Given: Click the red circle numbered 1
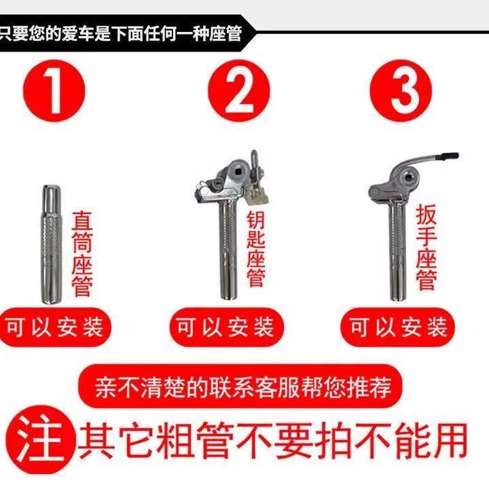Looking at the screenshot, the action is pyautogui.click(x=54, y=91).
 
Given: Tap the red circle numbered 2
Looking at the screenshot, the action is pyautogui.click(x=238, y=91).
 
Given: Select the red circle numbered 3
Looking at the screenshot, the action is pyautogui.click(x=401, y=91).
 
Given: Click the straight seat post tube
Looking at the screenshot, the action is pyautogui.click(x=52, y=244).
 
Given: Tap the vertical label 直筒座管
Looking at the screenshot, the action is pyautogui.click(x=82, y=254).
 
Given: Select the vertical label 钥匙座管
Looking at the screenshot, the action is pyautogui.click(x=255, y=249).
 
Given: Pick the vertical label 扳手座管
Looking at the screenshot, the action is pyautogui.click(x=427, y=247).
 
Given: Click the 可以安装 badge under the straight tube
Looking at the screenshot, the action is pyautogui.click(x=55, y=327).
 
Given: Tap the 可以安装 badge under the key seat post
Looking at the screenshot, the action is pyautogui.click(x=227, y=327).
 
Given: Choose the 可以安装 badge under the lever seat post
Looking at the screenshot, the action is pyautogui.click(x=397, y=327).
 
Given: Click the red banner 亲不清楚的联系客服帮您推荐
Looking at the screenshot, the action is pyautogui.click(x=240, y=386).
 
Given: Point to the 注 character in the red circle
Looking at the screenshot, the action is pyautogui.click(x=40, y=439).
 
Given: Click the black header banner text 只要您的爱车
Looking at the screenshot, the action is pyautogui.click(x=54, y=33).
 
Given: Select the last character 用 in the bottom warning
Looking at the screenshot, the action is pyautogui.click(x=448, y=440).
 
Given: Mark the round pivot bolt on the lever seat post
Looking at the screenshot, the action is pyautogui.click(x=407, y=177).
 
